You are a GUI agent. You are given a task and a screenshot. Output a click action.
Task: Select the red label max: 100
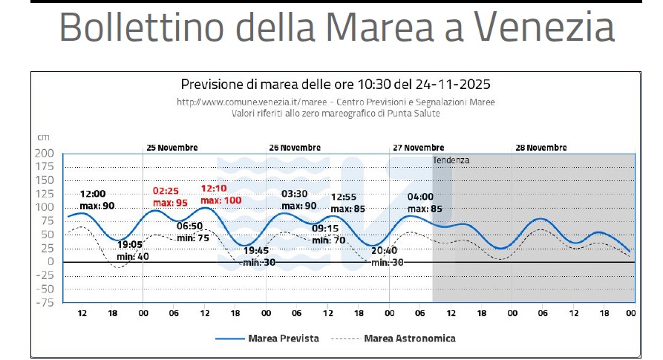click(221, 200)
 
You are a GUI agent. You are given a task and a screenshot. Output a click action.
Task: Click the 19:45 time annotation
click(257, 250)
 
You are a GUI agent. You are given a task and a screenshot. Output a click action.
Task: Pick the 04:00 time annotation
click(420, 197)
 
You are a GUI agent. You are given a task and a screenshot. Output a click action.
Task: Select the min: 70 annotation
click(329, 240)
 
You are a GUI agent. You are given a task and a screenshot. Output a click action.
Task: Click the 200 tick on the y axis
click(45, 153)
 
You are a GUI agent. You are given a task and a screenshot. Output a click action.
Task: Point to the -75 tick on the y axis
click(45, 302)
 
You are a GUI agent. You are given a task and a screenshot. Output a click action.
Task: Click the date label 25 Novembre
click(172, 148)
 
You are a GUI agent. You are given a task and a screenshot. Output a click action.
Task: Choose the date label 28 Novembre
click(540, 148)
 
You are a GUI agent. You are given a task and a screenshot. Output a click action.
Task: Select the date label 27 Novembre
click(419, 148)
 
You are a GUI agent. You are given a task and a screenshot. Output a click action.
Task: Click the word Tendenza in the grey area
click(451, 160)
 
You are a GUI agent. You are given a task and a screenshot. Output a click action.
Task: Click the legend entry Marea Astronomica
click(409, 338)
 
